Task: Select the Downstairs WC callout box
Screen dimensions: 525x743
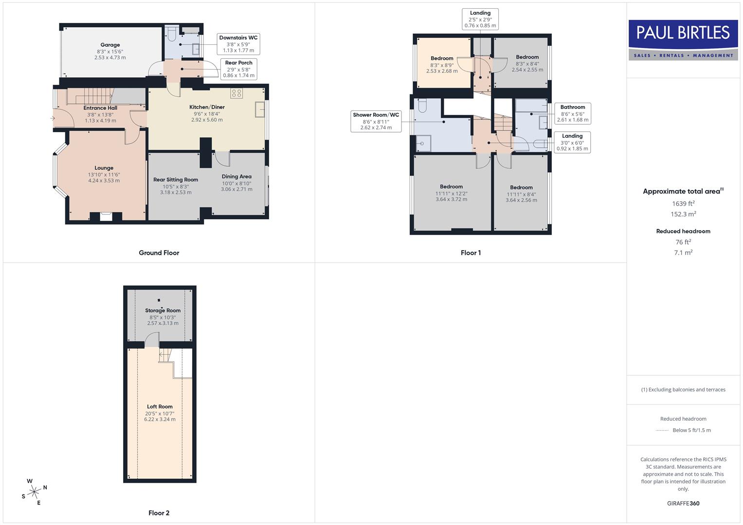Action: click(x=238, y=44)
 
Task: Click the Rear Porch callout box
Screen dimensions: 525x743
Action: click(x=238, y=69)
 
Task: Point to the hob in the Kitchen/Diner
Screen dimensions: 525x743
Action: click(x=237, y=93)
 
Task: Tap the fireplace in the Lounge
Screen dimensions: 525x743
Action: click(x=106, y=217)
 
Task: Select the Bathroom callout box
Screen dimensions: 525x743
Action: click(x=573, y=113)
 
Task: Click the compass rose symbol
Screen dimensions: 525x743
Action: click(x=34, y=492)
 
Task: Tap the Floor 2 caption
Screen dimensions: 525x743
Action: click(x=159, y=513)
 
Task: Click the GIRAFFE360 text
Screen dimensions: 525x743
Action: click(x=683, y=503)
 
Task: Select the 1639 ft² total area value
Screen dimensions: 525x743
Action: click(x=683, y=204)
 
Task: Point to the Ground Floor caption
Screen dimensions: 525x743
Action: click(x=159, y=253)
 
